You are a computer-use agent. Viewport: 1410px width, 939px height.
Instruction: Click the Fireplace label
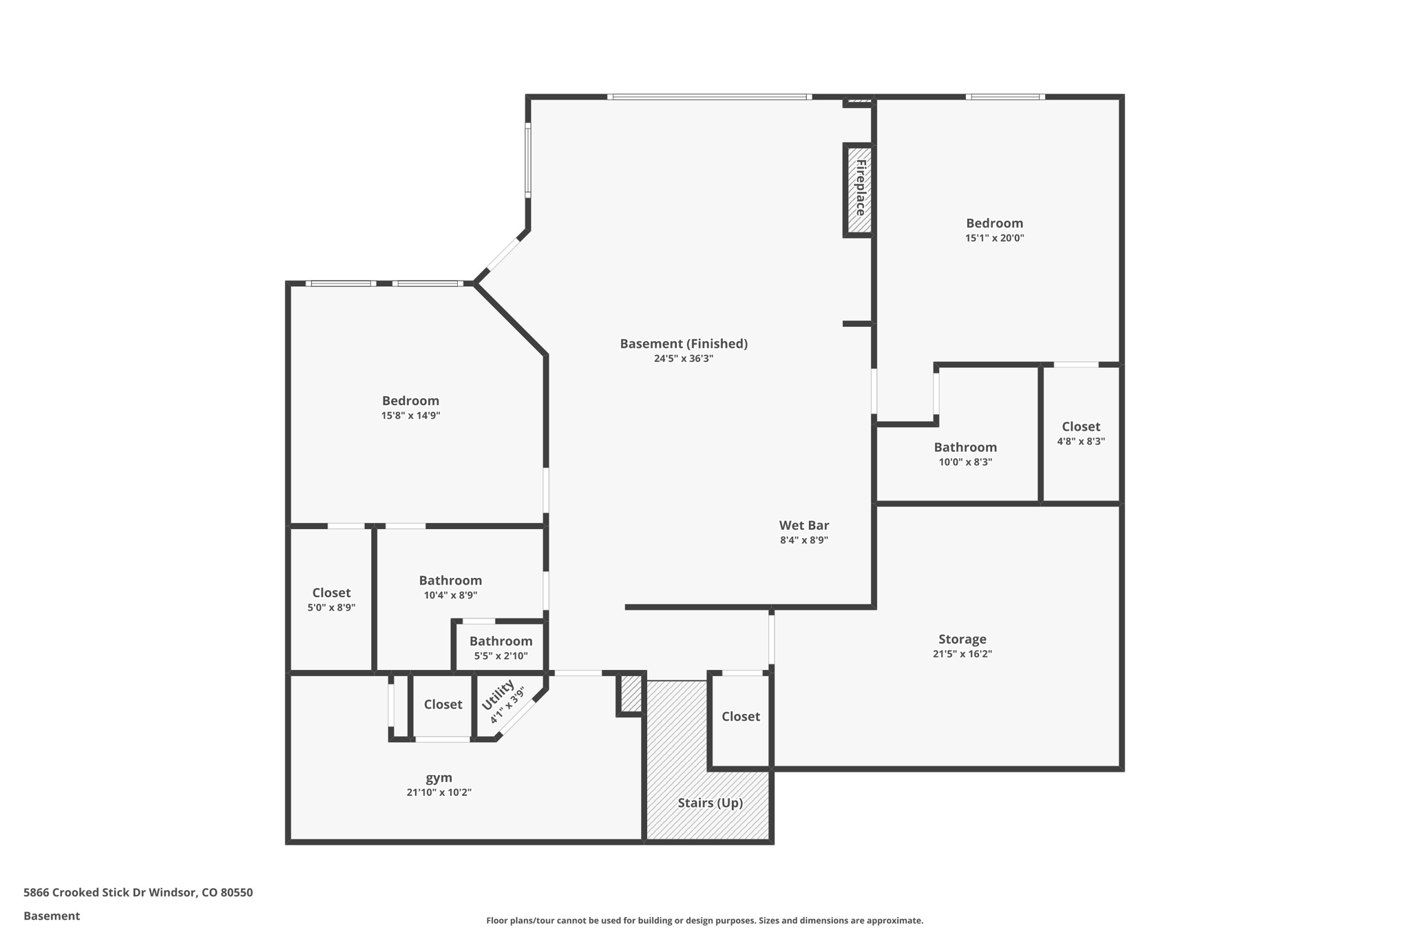860,188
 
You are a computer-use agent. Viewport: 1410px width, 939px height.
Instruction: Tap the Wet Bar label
803,526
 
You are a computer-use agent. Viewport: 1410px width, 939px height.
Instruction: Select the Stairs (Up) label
710,803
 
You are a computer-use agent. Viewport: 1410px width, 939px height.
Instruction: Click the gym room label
439,777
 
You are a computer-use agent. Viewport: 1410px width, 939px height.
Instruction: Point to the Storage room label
962,639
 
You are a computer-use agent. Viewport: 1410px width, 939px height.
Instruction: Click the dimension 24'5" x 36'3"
683,358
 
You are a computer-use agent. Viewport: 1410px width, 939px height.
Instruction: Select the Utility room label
498,695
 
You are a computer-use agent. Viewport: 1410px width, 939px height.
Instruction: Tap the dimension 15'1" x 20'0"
994,238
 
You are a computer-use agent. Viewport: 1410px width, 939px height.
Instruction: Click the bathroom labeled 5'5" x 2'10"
501,641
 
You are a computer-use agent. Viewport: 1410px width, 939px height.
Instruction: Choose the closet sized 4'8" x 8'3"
1080,427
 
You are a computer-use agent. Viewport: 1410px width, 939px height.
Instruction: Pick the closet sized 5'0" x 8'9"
331,593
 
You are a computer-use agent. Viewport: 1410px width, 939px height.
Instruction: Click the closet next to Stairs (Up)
740,716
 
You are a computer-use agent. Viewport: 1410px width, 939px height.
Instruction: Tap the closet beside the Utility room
443,704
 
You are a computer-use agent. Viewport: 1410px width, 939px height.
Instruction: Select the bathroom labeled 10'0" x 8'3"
965,447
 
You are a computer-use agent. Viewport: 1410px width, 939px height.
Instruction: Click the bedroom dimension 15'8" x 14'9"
410,415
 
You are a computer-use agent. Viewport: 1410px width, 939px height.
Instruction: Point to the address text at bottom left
138,892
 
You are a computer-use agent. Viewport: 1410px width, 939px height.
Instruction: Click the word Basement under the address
52,916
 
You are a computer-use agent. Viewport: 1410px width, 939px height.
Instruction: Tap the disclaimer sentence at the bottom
704,920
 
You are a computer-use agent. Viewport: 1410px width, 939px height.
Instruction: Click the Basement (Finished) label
683,343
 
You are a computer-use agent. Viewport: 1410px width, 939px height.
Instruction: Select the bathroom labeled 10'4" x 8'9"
450,581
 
